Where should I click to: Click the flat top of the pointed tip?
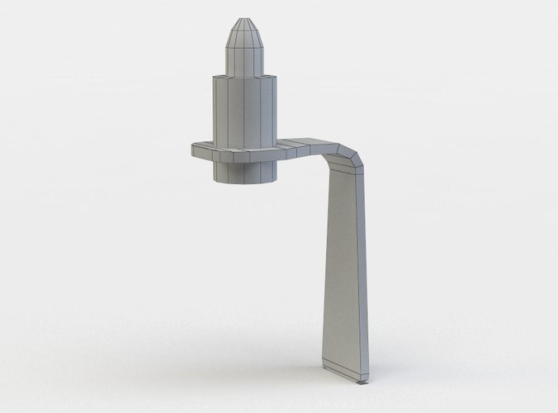click(x=247, y=18)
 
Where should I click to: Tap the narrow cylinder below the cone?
click(x=247, y=59)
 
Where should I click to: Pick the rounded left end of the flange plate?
click(x=196, y=150)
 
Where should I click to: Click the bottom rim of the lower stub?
click(x=247, y=182)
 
